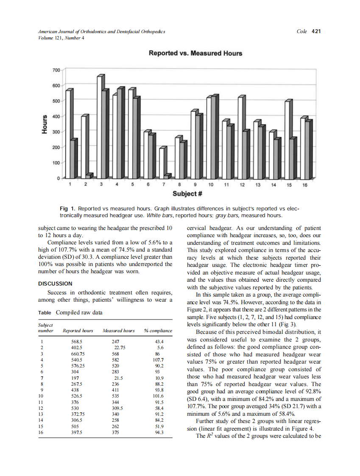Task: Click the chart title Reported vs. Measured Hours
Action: coord(195,53)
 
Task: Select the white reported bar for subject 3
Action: coord(100,127)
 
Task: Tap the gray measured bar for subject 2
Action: coord(89,176)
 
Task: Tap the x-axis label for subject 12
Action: coord(242,185)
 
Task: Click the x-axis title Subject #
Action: coord(187,194)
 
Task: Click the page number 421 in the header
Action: coord(315,31)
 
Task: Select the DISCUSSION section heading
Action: coord(55,283)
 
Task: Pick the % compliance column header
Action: coord(158,330)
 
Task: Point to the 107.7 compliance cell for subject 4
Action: coord(157,359)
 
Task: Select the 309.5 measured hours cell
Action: coord(116,408)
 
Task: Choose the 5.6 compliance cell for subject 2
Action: coord(160,347)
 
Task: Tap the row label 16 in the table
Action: coord(41,432)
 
